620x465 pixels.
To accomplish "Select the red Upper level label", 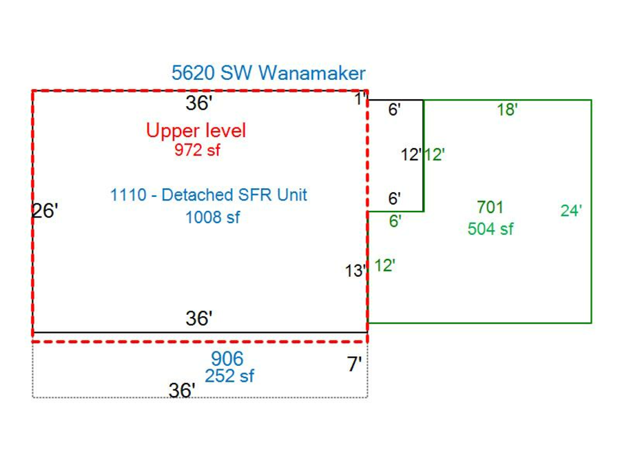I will (x=196, y=130).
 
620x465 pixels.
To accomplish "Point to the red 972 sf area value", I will (x=197, y=149).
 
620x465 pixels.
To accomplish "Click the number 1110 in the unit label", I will (x=128, y=195).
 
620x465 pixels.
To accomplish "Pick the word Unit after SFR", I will (x=290, y=195).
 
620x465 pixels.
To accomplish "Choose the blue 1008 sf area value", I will (x=212, y=218).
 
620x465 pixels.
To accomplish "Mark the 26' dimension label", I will (x=45, y=211).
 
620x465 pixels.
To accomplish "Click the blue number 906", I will (x=227, y=359).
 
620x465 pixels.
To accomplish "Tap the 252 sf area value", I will (x=229, y=376).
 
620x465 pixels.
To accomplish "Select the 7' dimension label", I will (x=354, y=365).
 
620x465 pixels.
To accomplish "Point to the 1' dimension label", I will (x=360, y=100).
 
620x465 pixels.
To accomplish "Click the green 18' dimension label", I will (x=507, y=109).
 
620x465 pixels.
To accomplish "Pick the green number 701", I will (x=490, y=207).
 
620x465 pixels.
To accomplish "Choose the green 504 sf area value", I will (x=490, y=229).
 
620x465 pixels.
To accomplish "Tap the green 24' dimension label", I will (x=571, y=211).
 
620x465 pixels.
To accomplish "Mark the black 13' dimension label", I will (x=355, y=271).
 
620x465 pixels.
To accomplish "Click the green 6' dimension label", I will (x=395, y=221).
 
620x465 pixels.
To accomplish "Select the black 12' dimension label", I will (x=411, y=155).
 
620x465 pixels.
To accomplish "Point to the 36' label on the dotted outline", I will (x=182, y=391).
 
